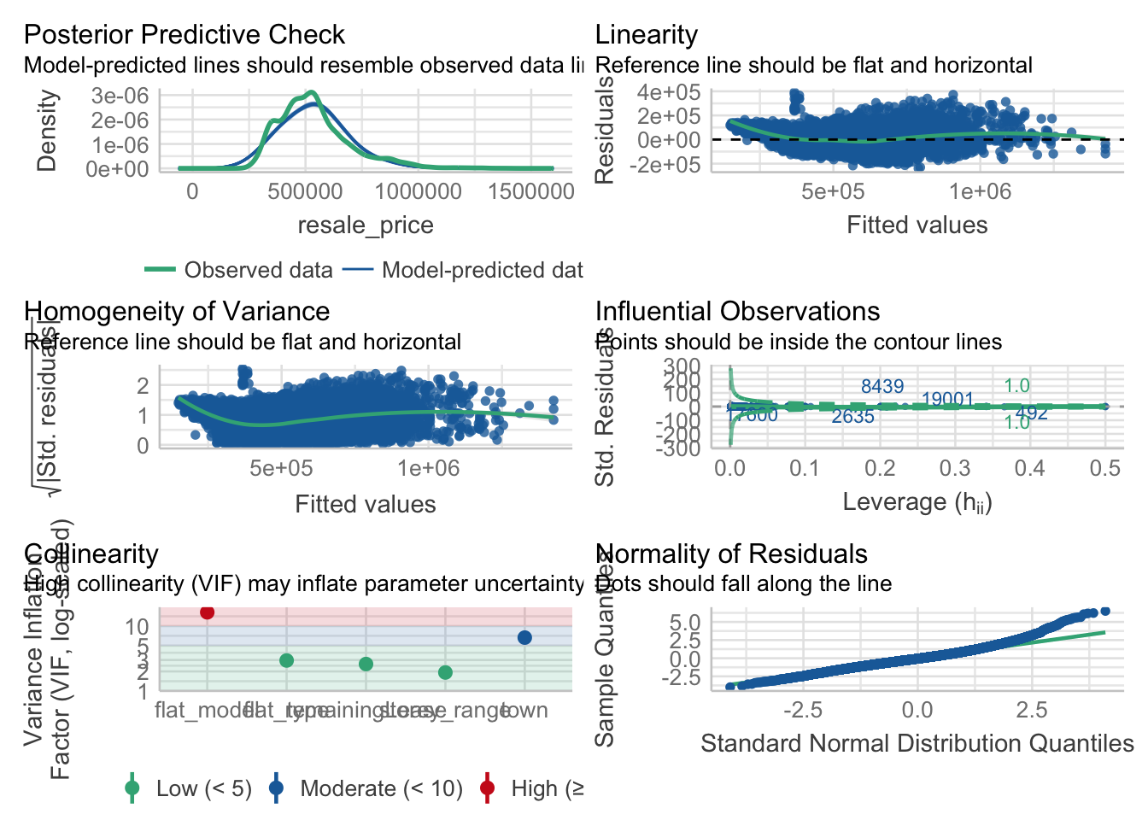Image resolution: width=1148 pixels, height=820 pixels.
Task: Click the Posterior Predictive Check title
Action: [x=184, y=34]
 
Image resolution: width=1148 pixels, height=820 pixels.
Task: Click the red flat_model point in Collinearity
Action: [x=207, y=612]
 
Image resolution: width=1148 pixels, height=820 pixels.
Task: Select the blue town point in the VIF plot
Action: [x=524, y=637]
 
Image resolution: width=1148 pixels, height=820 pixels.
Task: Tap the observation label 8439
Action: [x=881, y=387]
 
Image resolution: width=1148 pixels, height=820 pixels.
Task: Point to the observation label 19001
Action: [x=947, y=400]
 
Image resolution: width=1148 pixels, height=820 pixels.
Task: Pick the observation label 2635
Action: [x=852, y=417]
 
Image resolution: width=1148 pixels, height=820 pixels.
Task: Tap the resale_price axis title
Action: [x=365, y=225]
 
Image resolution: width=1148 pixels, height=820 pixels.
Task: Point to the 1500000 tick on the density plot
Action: [x=530, y=191]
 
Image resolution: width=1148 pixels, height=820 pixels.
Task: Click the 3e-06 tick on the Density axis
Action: [x=120, y=96]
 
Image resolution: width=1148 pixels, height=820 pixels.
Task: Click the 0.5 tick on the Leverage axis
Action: [x=1105, y=468]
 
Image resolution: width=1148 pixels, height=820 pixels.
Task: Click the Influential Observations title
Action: [x=737, y=311]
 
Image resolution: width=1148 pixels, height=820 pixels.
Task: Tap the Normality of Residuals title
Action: [x=731, y=553]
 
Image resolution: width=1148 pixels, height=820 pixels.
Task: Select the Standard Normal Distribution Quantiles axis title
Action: [x=917, y=743]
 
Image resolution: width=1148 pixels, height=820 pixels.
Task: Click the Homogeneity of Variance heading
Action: [x=177, y=311]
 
